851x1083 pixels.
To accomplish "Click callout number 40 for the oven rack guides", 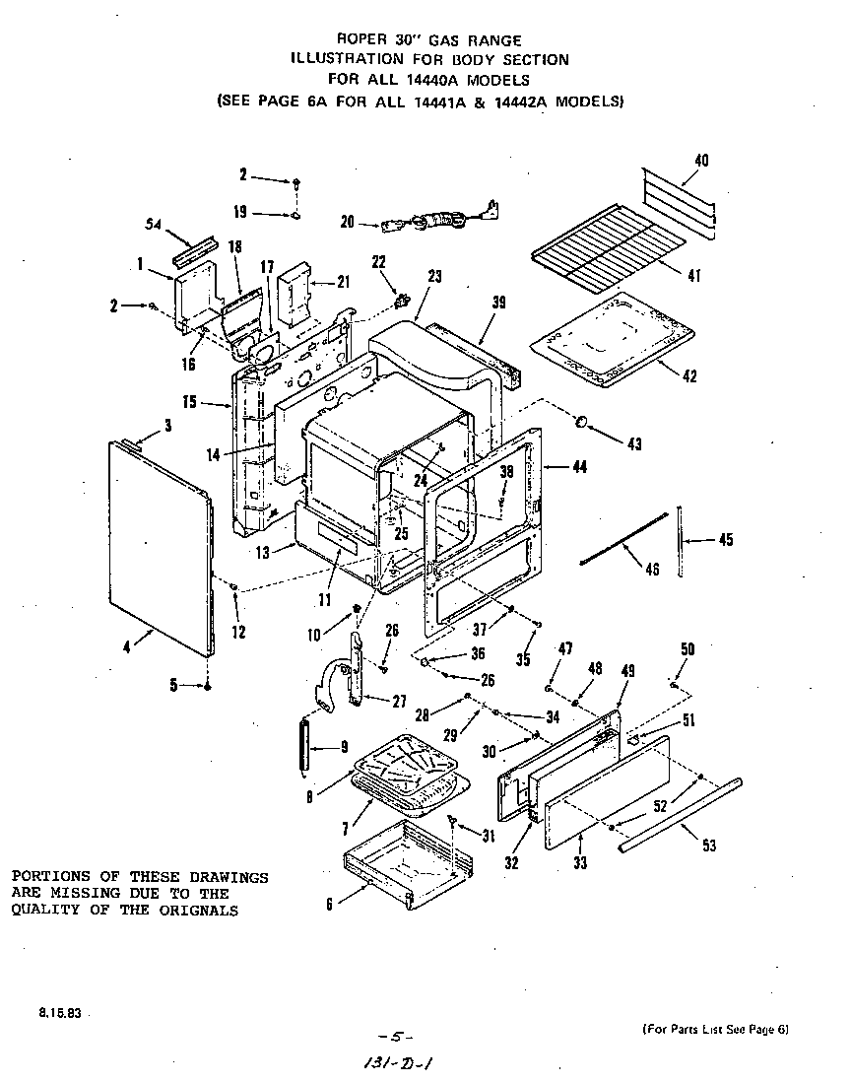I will click(x=701, y=161).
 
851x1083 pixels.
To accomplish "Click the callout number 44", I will click(x=579, y=468).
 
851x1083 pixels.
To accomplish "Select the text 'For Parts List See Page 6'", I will click(x=716, y=1030).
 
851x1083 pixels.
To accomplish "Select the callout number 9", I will click(x=344, y=747).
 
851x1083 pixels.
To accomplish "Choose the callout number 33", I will click(x=580, y=863).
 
